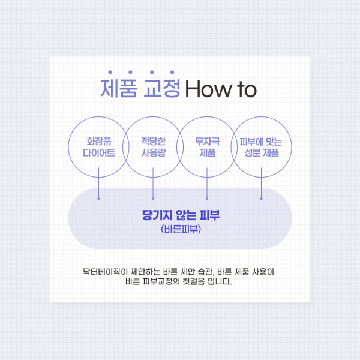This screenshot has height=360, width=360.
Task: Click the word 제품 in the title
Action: pos(120,89)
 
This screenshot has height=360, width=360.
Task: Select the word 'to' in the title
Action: pos(245,90)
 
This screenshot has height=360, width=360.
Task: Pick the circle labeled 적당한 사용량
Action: pos(153,147)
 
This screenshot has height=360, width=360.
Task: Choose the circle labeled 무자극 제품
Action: pos(207,147)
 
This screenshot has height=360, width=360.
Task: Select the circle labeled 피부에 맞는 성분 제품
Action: pos(261,147)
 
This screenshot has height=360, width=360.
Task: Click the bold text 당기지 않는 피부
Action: pos(179,215)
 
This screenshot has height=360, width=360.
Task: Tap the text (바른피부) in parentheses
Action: pos(180,229)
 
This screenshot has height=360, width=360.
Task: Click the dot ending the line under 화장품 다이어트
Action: pos(99,197)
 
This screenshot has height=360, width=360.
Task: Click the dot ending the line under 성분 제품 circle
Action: pos(261,197)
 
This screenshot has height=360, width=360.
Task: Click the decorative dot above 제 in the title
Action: pos(109,73)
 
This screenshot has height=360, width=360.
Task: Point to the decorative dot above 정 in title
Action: pos(172,73)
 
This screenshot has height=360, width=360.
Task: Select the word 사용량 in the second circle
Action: pos(153,153)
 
